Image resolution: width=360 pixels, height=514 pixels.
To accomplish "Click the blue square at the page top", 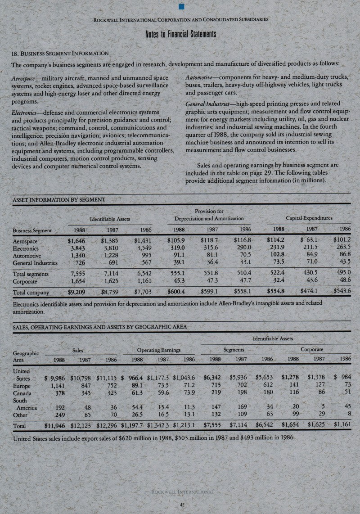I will [x=181, y=6].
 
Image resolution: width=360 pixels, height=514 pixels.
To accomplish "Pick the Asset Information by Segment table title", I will [x=58, y=199].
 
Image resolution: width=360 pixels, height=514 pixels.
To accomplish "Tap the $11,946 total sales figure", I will [x=58, y=424].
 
